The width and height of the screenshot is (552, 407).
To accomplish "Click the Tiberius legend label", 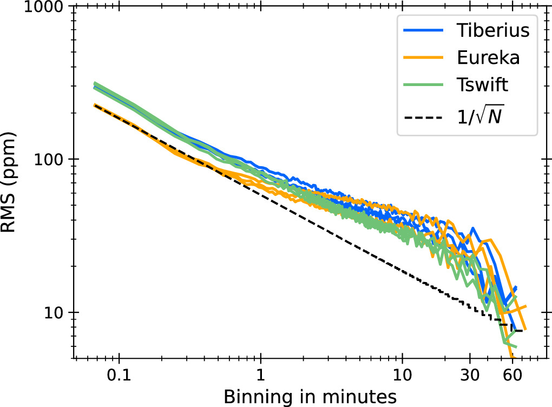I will coord(491,31).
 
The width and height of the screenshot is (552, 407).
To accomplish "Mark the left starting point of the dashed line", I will coord(94,105).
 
